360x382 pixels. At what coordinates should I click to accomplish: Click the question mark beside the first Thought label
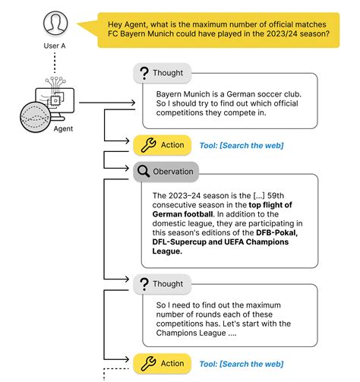[146, 73]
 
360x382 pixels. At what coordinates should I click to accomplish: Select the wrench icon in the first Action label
[146, 145]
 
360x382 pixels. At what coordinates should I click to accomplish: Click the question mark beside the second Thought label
[146, 285]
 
